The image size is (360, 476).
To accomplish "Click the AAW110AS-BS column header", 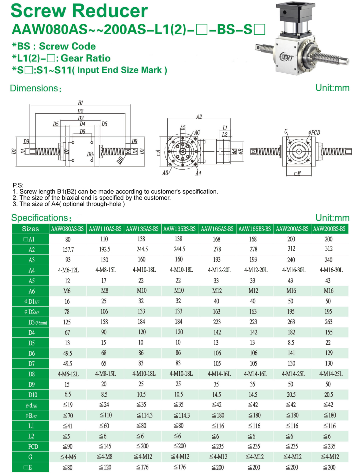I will tap(105, 229).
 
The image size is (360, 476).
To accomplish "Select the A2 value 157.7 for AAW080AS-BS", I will tap(68, 250).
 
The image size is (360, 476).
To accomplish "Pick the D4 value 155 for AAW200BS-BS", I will tap(329, 332).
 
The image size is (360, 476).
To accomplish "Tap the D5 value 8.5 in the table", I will tap(291, 343).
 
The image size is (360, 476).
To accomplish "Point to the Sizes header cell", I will tap(30, 229).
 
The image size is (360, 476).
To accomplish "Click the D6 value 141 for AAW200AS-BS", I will tap(291, 353).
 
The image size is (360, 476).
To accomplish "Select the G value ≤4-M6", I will tap(68, 457).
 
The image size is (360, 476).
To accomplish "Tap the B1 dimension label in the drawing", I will tap(80, 103).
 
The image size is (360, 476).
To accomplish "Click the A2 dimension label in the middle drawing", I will tap(199, 117).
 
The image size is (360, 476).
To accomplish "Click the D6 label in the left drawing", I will tap(82, 131).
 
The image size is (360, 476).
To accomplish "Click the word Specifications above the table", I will tap(40, 218).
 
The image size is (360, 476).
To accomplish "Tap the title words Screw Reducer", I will tap(79, 11).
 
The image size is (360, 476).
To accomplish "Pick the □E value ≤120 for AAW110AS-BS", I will tap(105, 467).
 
